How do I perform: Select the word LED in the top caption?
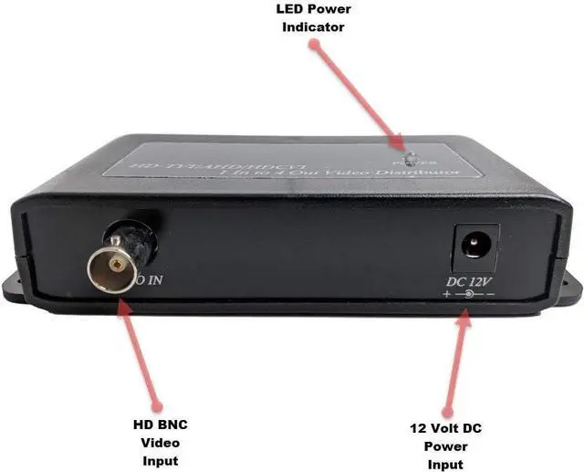coord(289,9)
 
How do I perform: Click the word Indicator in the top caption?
coord(313,26)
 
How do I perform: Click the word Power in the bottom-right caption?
coord(444,446)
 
